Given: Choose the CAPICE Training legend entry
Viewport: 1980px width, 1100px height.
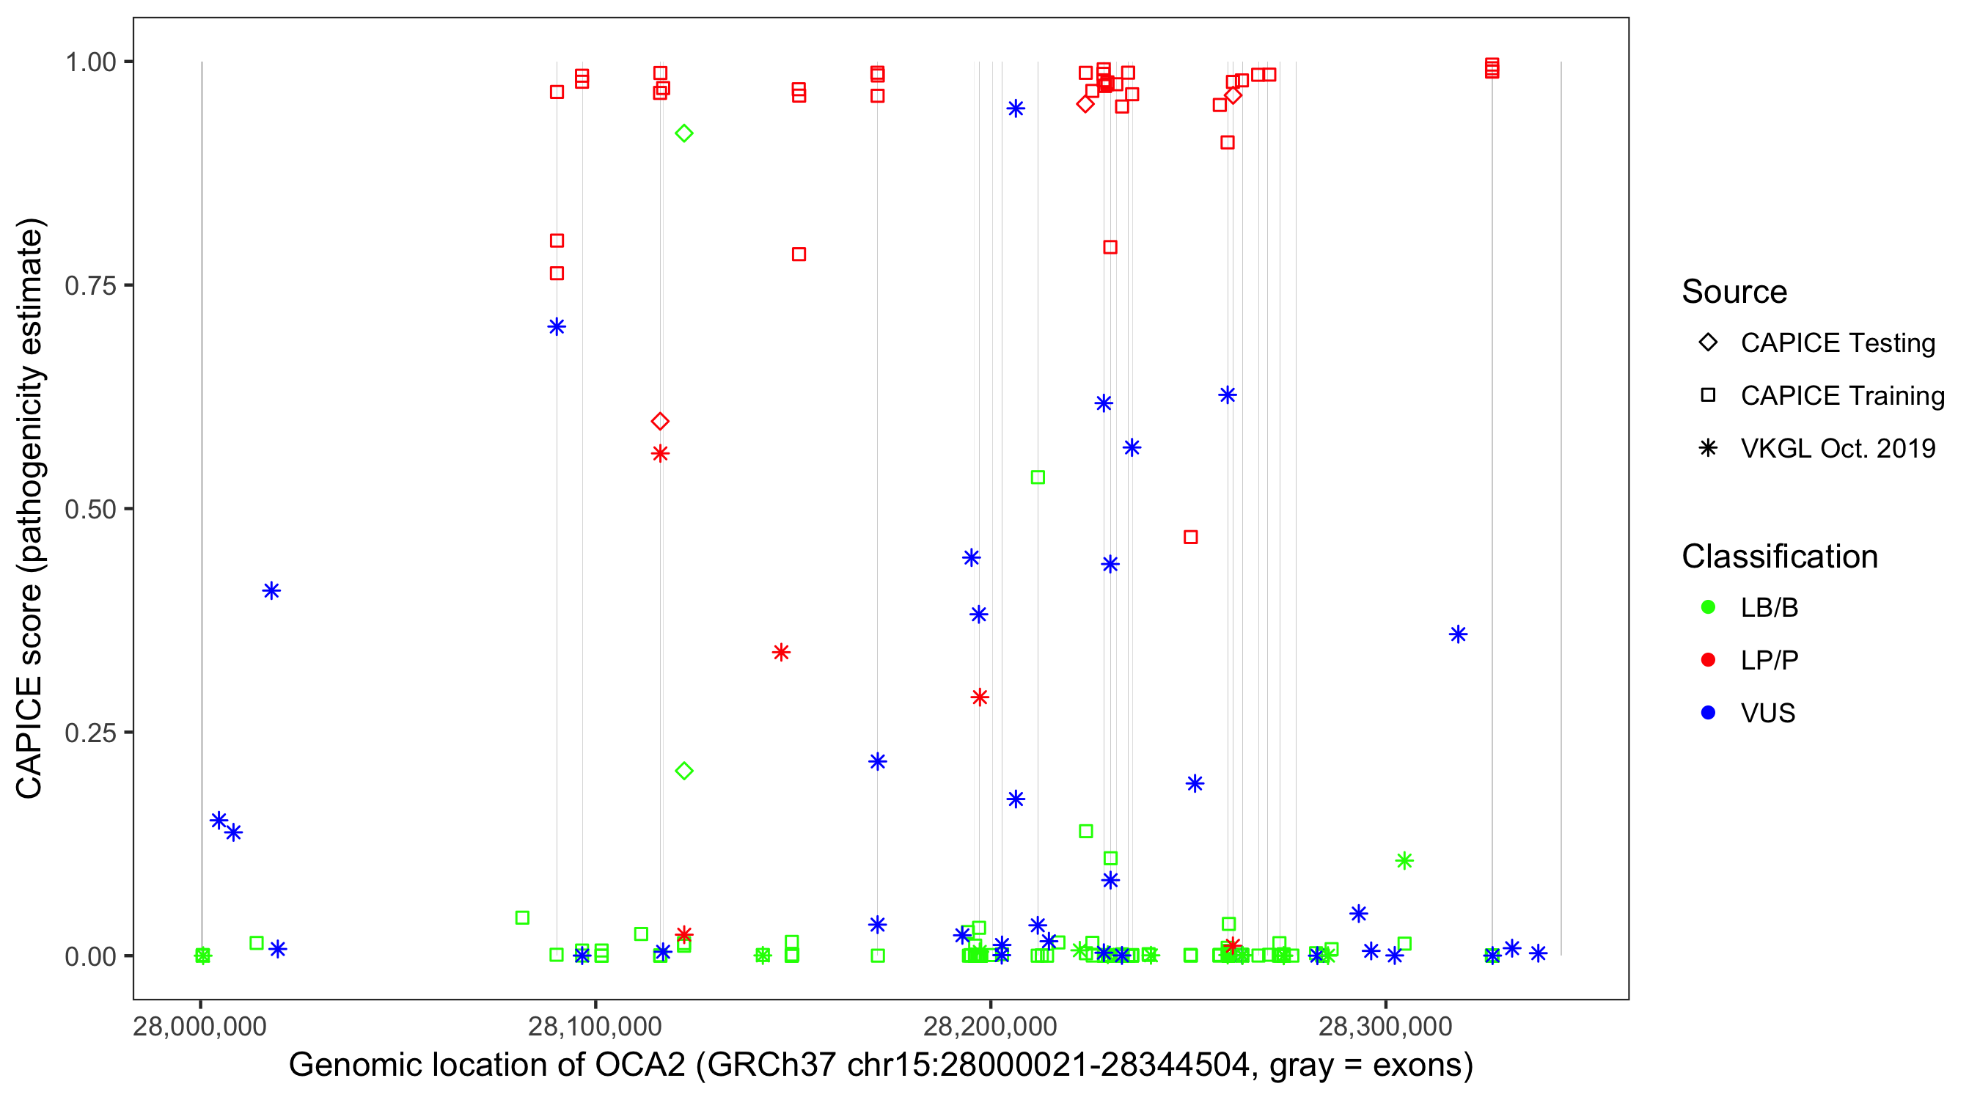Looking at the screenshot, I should (x=1841, y=396).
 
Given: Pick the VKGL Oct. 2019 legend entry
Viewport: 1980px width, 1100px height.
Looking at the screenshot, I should (x=1837, y=448).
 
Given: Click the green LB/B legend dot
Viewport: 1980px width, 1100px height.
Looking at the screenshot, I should (x=1708, y=607).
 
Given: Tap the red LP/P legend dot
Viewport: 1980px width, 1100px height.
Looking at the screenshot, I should (x=1708, y=660).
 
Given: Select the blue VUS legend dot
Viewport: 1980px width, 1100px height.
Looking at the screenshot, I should (x=1708, y=713).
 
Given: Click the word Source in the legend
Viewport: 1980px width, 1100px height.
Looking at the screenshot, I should (x=1734, y=292).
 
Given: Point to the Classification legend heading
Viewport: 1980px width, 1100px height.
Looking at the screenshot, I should (x=1779, y=557).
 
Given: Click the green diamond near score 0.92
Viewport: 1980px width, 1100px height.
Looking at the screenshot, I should (x=683, y=133).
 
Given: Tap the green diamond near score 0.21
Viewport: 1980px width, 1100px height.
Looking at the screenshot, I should (x=683, y=771).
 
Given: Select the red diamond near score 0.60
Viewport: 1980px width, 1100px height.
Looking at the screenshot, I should (x=659, y=421).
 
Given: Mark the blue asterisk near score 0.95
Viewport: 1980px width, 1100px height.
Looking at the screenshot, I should (x=1016, y=109).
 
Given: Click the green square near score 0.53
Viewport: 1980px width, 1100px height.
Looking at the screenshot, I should (x=1037, y=477).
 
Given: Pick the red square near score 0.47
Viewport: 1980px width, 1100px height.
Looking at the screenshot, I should (x=1190, y=538).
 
